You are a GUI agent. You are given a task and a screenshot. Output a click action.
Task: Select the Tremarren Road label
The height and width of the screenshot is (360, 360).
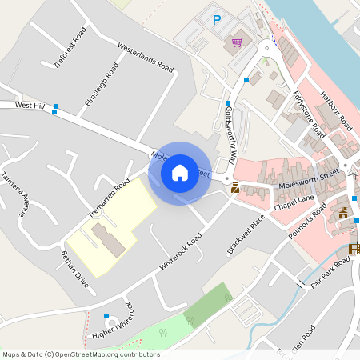point(110,198)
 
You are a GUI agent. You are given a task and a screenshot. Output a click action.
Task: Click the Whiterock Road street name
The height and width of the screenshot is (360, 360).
point(180,254)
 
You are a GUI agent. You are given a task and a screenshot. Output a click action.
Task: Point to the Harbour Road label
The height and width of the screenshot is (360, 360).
point(336,111)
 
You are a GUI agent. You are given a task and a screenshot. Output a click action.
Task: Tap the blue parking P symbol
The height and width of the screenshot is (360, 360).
point(216,20)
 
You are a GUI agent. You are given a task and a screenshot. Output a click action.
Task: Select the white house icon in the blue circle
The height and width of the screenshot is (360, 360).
point(180,172)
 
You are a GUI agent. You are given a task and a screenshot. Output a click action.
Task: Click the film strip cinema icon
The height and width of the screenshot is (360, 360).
point(354,249)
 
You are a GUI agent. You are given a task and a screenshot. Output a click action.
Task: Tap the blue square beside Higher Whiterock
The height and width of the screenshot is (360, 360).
point(106,317)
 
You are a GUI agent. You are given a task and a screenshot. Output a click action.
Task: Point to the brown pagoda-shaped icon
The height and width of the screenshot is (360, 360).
point(344,213)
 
